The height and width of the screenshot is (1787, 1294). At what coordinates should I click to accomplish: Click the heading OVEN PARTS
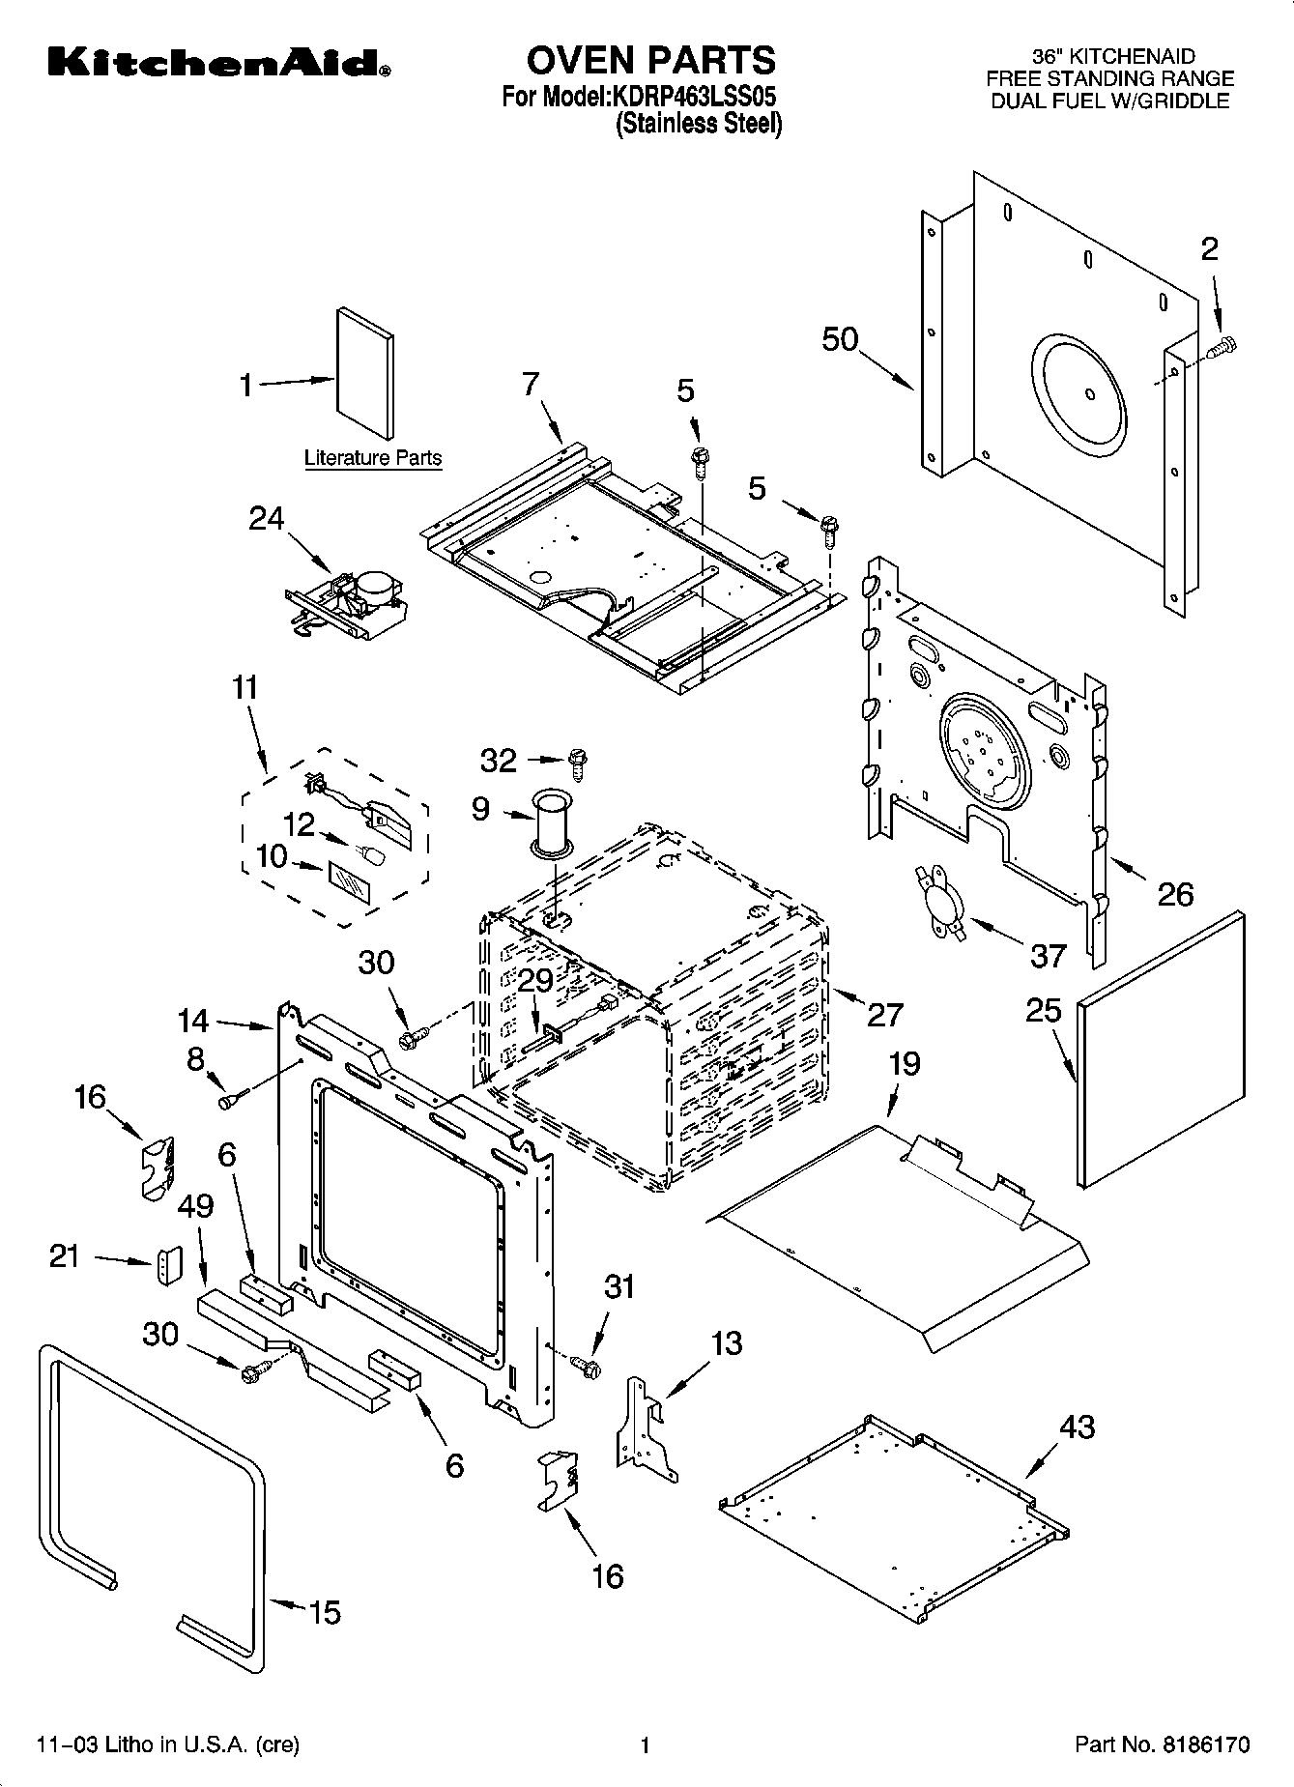[650, 60]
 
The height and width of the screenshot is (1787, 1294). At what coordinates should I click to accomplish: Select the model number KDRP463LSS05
[694, 98]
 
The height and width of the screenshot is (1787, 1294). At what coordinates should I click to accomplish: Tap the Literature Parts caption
[373, 458]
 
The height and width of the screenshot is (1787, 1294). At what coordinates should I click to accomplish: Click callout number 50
[840, 339]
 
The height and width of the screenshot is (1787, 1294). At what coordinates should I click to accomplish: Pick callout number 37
[1047, 955]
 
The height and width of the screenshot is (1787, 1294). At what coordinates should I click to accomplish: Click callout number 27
[884, 1014]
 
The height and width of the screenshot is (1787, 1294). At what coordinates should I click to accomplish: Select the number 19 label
[905, 1064]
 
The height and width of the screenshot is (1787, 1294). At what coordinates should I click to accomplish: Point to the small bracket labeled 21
[169, 1266]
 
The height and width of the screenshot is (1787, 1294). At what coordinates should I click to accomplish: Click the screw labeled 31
[586, 1366]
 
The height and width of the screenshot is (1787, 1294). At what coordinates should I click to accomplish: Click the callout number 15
[325, 1612]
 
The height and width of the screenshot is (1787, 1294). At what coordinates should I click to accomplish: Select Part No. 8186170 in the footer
[1162, 1744]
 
